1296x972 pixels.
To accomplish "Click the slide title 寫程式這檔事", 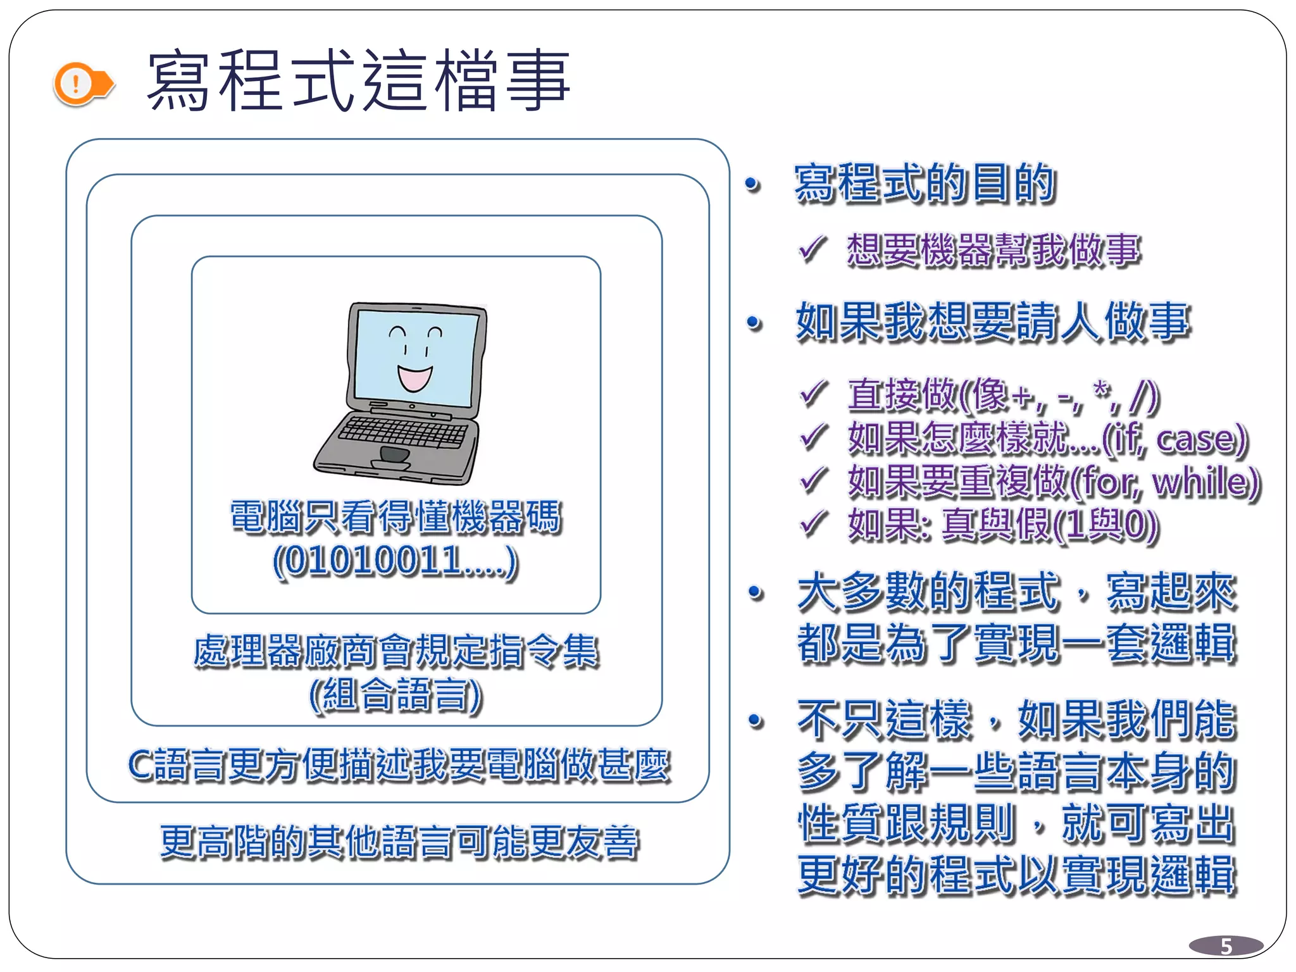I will tap(358, 81).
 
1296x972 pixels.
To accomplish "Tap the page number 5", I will tap(1226, 946).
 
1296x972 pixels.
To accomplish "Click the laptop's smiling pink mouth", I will tap(414, 378).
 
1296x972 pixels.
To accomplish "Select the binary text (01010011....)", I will tap(396, 561).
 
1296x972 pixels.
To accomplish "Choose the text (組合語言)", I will tap(396, 694).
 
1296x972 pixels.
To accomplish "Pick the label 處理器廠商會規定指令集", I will tap(396, 651).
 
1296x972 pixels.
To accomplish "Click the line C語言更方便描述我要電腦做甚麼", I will tap(399, 764).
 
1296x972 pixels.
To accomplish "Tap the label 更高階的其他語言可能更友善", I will tap(399, 842).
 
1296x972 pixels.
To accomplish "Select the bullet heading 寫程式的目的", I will tap(925, 184).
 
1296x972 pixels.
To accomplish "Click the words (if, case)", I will tap(1174, 439).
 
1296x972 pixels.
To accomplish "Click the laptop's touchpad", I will tap(394, 454).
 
